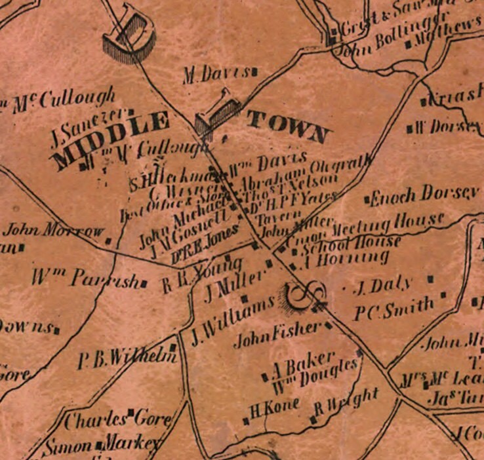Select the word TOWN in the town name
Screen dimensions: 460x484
[287, 127]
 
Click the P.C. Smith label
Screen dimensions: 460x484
[394, 306]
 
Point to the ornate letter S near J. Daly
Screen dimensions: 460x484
[304, 297]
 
